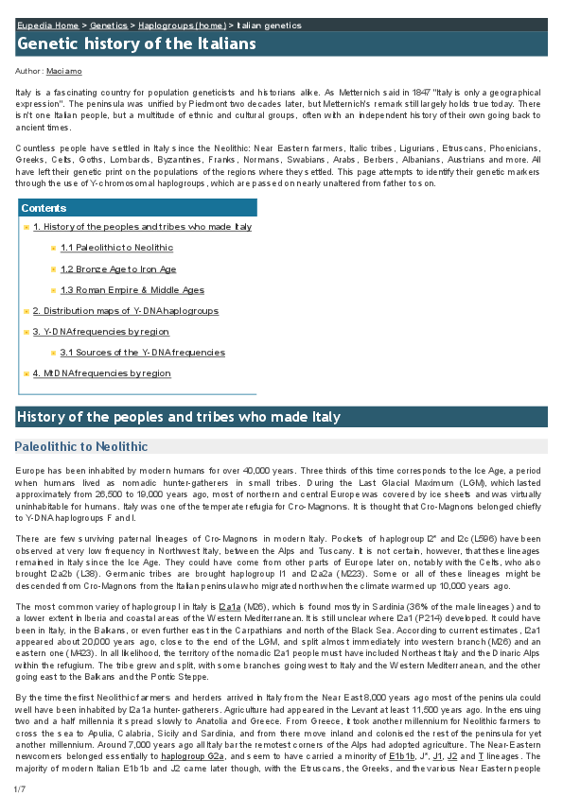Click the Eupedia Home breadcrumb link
(44, 26)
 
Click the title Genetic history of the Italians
(136, 44)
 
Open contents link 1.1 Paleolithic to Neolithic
(116, 248)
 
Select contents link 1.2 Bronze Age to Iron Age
(117, 269)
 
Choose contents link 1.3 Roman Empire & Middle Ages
(132, 290)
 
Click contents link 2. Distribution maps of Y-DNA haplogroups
(125, 311)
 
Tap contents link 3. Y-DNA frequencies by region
(101, 332)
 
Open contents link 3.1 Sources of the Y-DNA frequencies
(142, 353)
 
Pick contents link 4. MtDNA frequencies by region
(101, 373)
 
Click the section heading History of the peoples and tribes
(178, 417)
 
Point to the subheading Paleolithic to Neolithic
(81, 446)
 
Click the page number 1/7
(19, 788)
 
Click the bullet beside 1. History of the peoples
(26, 228)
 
